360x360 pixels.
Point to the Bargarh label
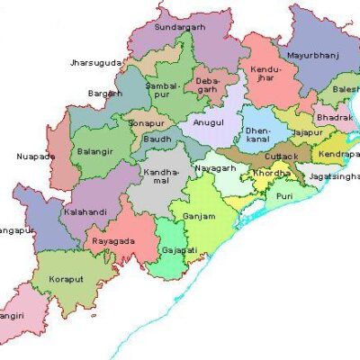(104, 93)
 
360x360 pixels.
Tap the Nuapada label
(36, 157)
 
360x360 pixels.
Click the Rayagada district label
(114, 241)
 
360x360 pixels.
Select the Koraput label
(67, 279)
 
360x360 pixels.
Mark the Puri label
(284, 195)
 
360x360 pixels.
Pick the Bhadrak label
(336, 117)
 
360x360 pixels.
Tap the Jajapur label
(307, 132)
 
